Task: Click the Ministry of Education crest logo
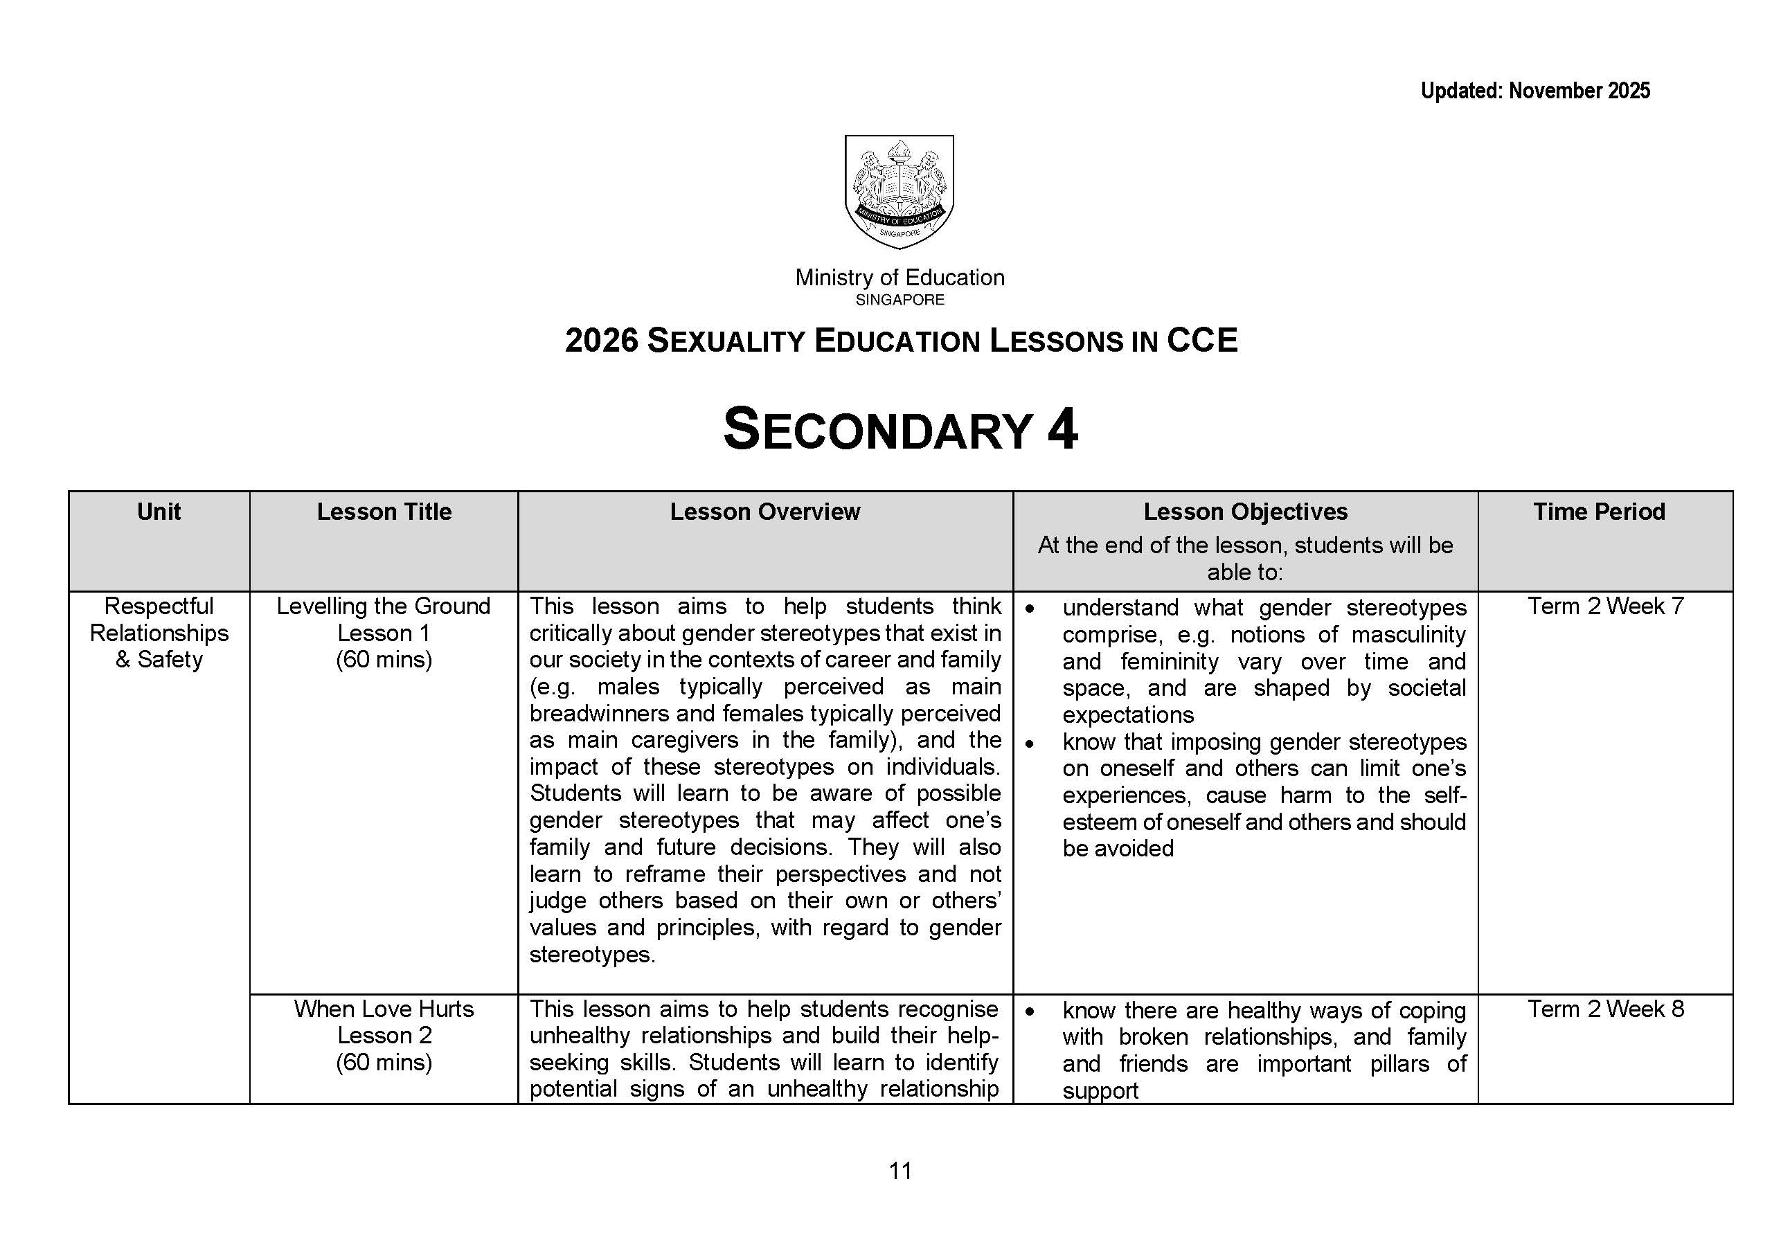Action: point(899,192)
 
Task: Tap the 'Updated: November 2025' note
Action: point(1534,91)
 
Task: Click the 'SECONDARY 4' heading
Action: point(900,429)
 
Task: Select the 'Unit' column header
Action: point(159,512)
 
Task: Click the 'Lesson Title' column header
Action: point(384,512)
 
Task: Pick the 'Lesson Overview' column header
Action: point(764,512)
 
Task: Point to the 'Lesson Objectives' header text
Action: point(1245,512)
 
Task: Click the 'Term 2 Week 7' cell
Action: point(1605,606)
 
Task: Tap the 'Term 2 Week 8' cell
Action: point(1605,1009)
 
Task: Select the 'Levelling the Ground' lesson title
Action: point(384,606)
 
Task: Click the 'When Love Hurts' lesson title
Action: point(384,1009)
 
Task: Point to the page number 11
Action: point(900,1171)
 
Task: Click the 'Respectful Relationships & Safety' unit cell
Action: point(159,632)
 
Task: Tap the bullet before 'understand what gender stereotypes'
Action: point(1029,609)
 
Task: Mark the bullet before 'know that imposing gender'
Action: point(1029,744)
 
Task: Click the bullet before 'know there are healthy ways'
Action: point(1029,1011)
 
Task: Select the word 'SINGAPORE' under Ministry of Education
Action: point(900,300)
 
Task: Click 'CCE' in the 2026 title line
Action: point(1201,341)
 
